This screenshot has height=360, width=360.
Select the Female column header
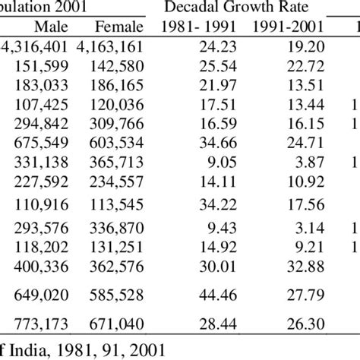(x=123, y=28)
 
